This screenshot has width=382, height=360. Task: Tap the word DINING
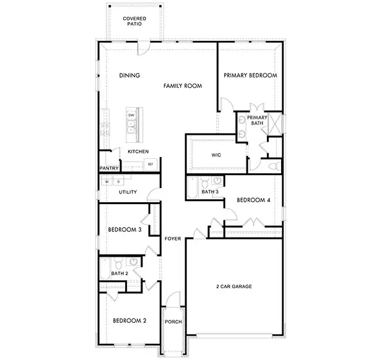pos(129,75)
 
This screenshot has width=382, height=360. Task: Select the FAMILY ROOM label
pos(183,86)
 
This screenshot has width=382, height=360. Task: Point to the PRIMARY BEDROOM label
pos(250,75)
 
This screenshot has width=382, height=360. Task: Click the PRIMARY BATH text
pos(257,120)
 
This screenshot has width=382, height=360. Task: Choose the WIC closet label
pos(216,155)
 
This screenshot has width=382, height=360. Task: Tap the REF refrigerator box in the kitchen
pos(149,165)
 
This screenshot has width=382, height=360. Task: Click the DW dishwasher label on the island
pos(131,116)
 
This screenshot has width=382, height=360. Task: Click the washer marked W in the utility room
pos(107,182)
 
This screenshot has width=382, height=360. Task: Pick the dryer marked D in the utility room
pos(118,182)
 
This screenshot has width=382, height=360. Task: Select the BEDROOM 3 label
pos(124,229)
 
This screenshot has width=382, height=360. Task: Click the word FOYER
pos(173,238)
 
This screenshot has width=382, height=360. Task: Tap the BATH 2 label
pos(119,273)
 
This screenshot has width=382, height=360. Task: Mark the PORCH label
pos(173,322)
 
